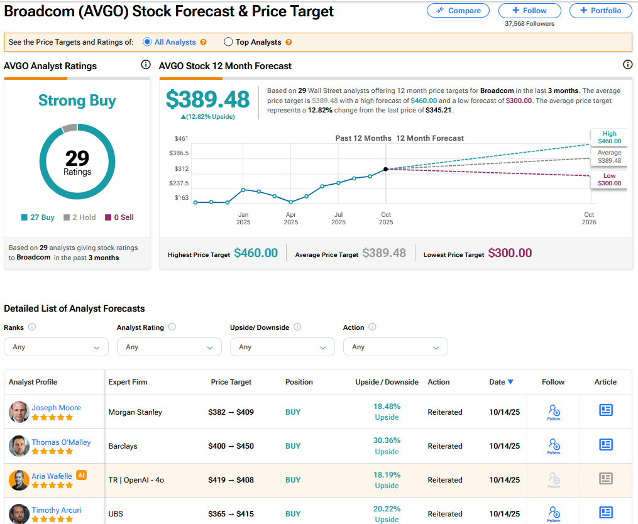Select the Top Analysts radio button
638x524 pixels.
[x=229, y=42]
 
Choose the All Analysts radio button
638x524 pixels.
[x=147, y=42]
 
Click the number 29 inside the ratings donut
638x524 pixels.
[x=77, y=158]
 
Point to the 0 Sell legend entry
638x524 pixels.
[x=119, y=217]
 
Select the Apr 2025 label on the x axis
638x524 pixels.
[x=290, y=218]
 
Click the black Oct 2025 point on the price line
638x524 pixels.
[x=385, y=169]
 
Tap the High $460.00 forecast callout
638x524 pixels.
[x=609, y=137]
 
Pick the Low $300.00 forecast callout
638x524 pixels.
[x=609, y=180]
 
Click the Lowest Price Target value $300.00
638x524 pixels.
[x=510, y=253]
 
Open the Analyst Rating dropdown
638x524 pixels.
[x=169, y=347]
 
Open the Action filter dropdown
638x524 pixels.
[x=395, y=347]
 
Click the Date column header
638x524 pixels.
[x=501, y=382]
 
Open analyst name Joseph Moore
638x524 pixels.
[x=56, y=408]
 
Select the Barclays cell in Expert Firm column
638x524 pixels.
[x=123, y=446]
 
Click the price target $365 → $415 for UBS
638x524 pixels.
[x=231, y=514]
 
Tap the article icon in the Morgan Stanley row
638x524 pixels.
[x=605, y=410]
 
